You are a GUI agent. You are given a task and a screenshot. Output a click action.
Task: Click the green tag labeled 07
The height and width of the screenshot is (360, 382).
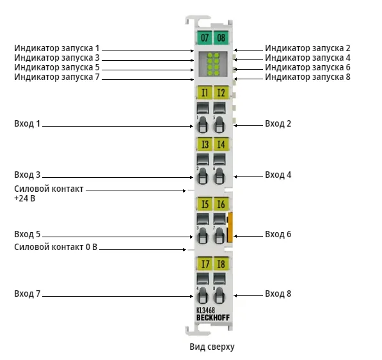[x=204, y=38]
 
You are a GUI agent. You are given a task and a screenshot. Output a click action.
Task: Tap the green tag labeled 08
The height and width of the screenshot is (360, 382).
[x=221, y=38]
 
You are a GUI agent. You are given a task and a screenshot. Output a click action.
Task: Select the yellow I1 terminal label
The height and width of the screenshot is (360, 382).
[x=204, y=93]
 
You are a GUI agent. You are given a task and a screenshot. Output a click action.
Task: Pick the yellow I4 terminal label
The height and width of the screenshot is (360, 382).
[x=221, y=144]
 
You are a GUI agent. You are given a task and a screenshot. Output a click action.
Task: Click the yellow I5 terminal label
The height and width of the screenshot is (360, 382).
[x=204, y=204]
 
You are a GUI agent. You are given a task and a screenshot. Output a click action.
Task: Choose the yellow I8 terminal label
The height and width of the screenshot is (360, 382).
[x=221, y=263]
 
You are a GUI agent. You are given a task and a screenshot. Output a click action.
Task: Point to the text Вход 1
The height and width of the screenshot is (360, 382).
[x=27, y=123]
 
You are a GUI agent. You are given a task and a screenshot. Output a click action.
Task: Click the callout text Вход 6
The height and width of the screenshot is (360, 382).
[x=278, y=234]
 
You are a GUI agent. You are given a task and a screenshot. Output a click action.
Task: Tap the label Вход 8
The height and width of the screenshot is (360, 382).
[x=278, y=293]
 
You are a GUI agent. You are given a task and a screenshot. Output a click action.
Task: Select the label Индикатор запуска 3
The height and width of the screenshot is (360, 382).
[x=57, y=58]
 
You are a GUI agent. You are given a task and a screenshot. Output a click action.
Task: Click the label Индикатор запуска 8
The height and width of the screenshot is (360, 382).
[x=308, y=77]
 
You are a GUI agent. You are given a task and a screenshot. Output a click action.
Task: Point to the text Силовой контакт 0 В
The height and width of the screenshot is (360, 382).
[x=56, y=247]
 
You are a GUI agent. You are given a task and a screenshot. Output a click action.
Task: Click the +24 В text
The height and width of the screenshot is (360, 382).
[x=24, y=198]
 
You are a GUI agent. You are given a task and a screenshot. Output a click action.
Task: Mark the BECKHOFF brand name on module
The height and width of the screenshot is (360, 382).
[x=213, y=318]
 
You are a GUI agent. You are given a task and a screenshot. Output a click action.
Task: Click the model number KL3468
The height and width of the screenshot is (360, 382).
[x=205, y=310]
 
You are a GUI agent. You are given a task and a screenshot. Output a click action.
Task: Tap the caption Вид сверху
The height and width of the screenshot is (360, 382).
[x=212, y=347]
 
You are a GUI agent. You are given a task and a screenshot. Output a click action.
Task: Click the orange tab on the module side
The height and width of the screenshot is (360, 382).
[x=230, y=228]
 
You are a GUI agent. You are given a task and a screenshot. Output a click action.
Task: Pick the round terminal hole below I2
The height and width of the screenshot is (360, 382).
[x=219, y=125]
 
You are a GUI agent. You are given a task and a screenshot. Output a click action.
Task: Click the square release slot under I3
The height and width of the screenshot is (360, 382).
[x=203, y=159]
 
